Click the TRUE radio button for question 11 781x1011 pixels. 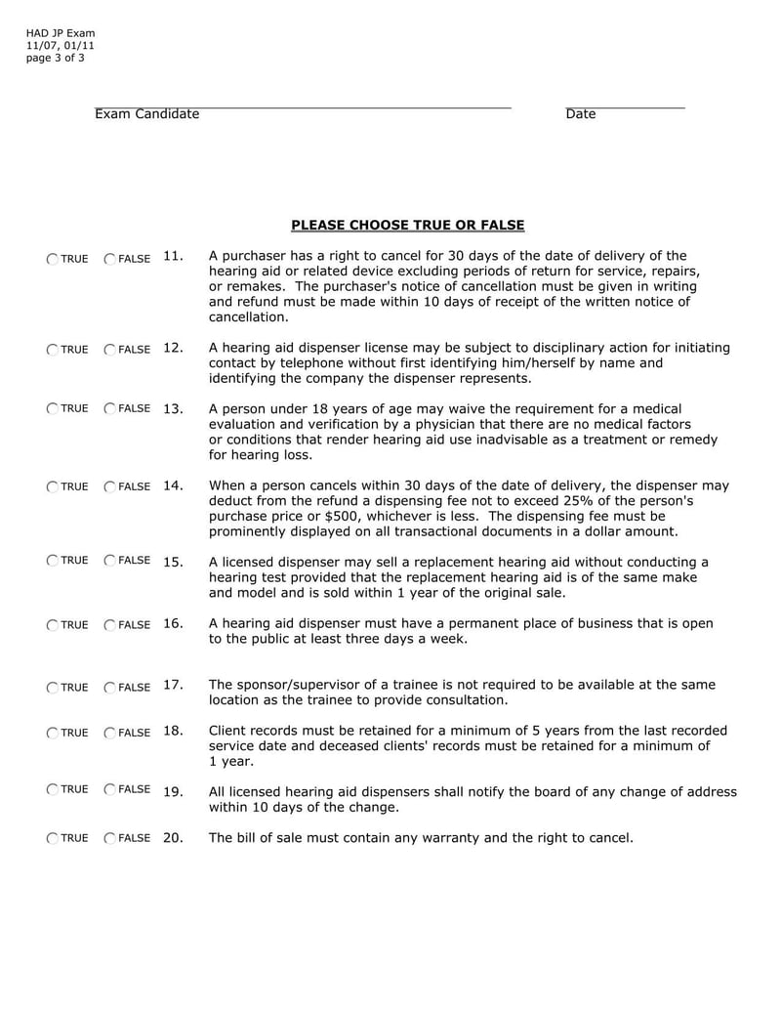tap(51, 259)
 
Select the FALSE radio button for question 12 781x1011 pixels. tap(109, 349)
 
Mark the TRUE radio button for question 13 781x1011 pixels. tap(51, 408)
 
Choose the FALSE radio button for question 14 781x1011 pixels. tap(109, 486)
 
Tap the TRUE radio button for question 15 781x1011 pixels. tap(51, 560)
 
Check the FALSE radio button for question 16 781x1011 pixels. tap(109, 625)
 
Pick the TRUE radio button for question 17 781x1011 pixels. tap(51, 687)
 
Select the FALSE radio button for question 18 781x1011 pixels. tap(109, 733)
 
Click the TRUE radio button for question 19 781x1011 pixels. tap(51, 789)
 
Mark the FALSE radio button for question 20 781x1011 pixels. tap(109, 838)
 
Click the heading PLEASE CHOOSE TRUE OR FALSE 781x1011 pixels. tap(407, 226)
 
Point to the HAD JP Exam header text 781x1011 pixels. tap(61, 33)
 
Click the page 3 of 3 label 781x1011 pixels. tap(55, 58)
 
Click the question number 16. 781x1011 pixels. tap(174, 623)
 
